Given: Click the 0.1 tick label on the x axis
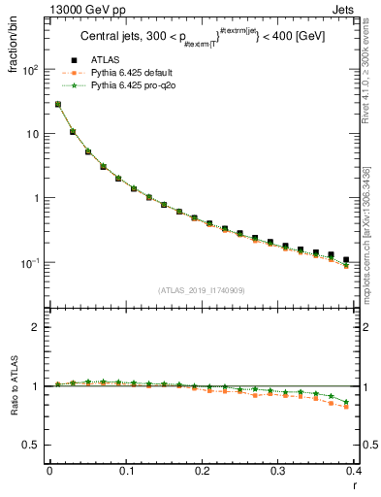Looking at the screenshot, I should point(126,471).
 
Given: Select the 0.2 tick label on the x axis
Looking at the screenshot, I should point(203,471).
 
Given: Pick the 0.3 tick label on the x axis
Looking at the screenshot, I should point(279,471).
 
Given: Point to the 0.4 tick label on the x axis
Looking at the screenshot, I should point(354,471).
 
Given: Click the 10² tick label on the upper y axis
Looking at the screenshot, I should point(31,70).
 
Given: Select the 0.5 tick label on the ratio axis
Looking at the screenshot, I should point(32,445).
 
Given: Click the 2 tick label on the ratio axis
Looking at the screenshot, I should point(37,327).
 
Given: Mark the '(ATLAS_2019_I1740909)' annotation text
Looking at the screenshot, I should point(200,290).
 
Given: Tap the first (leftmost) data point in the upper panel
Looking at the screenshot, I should point(57,104).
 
